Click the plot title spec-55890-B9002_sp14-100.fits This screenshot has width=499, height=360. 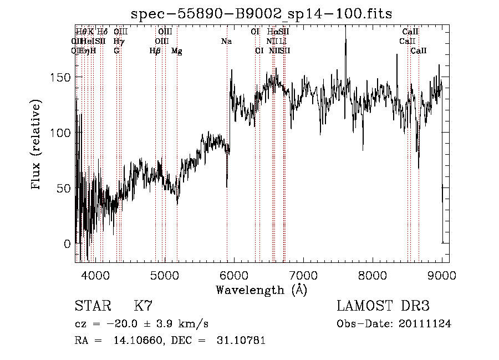(262, 14)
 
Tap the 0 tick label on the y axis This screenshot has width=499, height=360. (67, 244)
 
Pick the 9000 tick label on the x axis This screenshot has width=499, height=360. (442, 275)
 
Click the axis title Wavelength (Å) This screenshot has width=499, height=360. (261, 290)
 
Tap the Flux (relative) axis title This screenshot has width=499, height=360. (37, 146)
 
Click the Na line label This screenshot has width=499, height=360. (226, 41)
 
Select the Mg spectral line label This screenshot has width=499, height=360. (177, 51)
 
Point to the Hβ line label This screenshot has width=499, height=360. (155, 51)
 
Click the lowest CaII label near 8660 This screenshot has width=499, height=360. (419, 51)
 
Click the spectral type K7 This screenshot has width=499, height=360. (142, 306)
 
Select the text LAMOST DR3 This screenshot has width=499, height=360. (383, 306)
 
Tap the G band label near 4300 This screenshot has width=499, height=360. (116, 51)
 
